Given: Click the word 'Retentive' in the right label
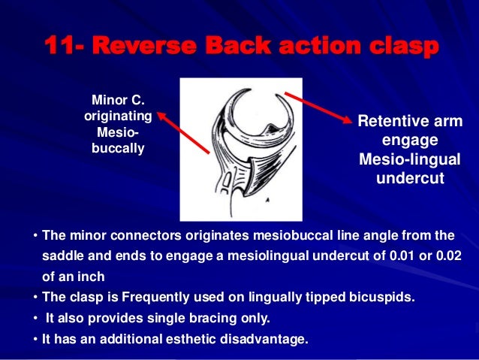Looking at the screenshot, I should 399,122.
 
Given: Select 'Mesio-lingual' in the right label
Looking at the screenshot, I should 409,161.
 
